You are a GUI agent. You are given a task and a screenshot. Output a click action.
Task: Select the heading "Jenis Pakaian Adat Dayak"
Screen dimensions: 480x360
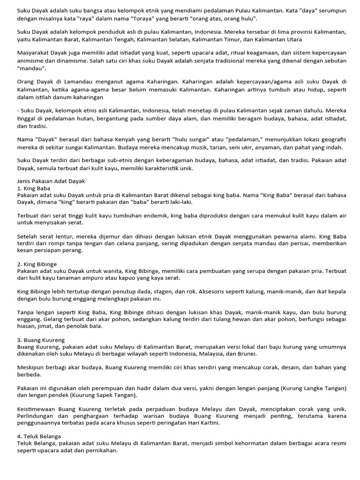[x=51, y=181]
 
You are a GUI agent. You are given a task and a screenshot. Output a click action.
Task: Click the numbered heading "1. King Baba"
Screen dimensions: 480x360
[x=34, y=188]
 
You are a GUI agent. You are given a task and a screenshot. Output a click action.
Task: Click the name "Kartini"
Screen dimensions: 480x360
[x=207, y=423]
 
